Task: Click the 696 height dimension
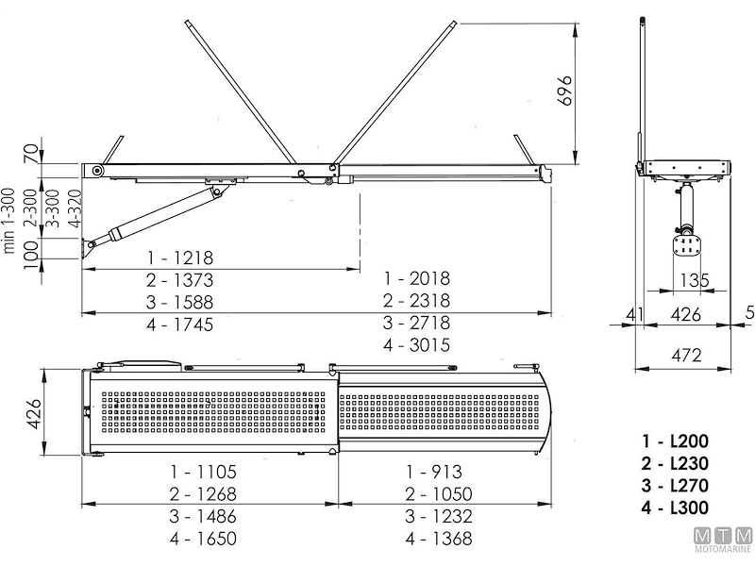[x=563, y=90]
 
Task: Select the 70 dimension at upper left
[x=32, y=154]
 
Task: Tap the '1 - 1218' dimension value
[x=180, y=258]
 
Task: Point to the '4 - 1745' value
[x=180, y=325]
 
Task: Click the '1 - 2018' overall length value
[x=417, y=278]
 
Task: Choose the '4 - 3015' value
[x=417, y=344]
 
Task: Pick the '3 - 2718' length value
[x=417, y=323]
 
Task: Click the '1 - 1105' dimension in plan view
[x=203, y=472]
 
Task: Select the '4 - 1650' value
[x=203, y=538]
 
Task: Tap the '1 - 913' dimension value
[x=434, y=472]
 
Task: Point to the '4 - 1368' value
[x=439, y=538]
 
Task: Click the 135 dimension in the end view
[x=696, y=280]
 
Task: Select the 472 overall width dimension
[x=686, y=356]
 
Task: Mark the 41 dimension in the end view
[x=634, y=315]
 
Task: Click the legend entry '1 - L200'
[x=675, y=441]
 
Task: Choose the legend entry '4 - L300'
[x=675, y=508]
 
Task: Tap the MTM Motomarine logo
[x=724, y=540]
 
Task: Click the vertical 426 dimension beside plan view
[x=33, y=414]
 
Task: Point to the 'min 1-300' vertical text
[x=9, y=221]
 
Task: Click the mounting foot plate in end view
[x=685, y=246]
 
